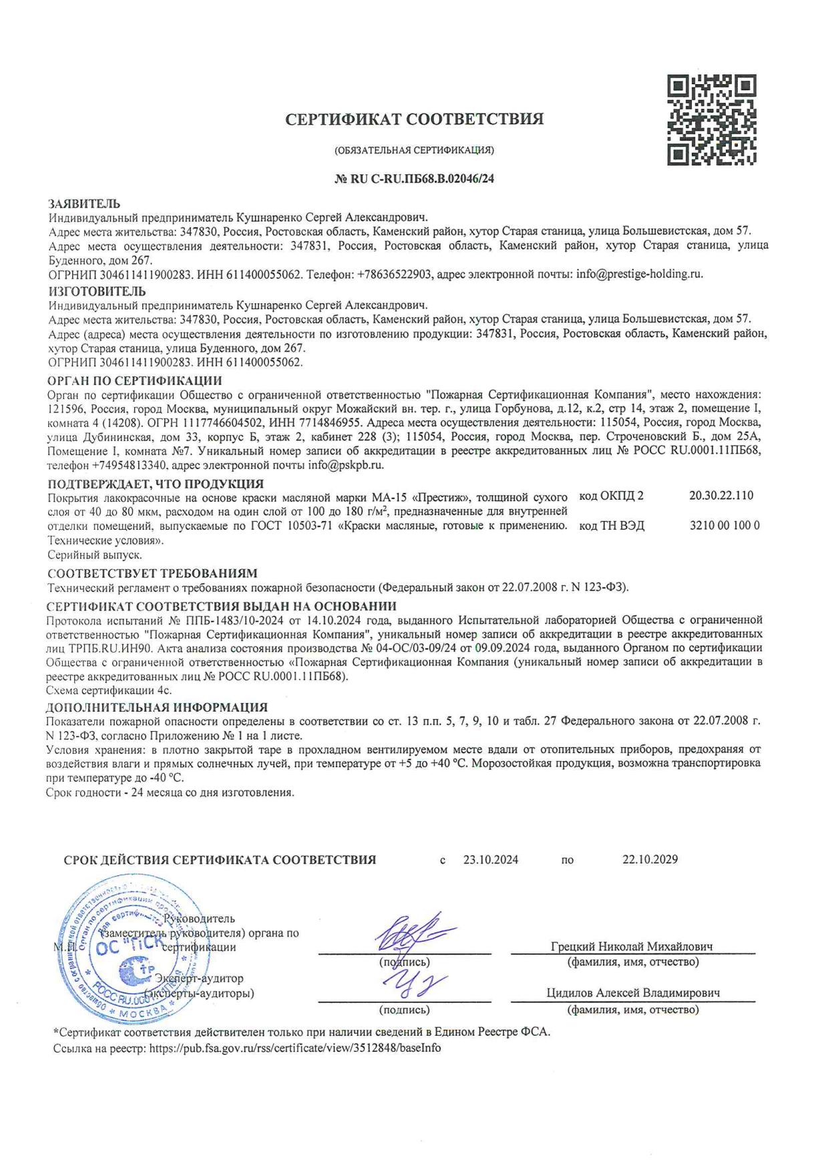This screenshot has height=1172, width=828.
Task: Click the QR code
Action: (712, 120)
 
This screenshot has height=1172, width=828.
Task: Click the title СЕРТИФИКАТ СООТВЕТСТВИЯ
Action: (414, 119)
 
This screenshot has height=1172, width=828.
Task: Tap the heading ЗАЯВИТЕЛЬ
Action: (84, 203)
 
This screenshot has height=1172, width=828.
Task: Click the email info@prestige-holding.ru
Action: (639, 274)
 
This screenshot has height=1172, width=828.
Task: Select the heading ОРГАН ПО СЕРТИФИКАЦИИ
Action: (135, 381)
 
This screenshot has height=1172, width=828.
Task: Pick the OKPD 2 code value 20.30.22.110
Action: (720, 495)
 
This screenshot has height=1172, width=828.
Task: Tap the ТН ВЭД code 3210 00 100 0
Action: (724, 525)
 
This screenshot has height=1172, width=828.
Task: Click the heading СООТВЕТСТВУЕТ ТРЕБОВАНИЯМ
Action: (152, 573)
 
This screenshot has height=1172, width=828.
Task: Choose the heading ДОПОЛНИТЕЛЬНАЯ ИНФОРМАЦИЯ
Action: (157, 707)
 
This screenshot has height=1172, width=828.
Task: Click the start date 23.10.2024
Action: (491, 860)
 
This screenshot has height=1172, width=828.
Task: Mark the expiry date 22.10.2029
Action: (650, 860)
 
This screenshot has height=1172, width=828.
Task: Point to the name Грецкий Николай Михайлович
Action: (632, 946)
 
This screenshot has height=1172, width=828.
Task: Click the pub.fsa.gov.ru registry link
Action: (295, 1048)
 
